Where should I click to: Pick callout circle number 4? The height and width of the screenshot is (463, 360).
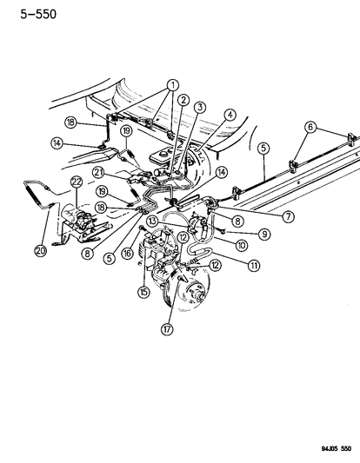[230, 114]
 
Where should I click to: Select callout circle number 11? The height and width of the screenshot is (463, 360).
[253, 265]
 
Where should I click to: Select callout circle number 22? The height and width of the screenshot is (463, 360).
[77, 181]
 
